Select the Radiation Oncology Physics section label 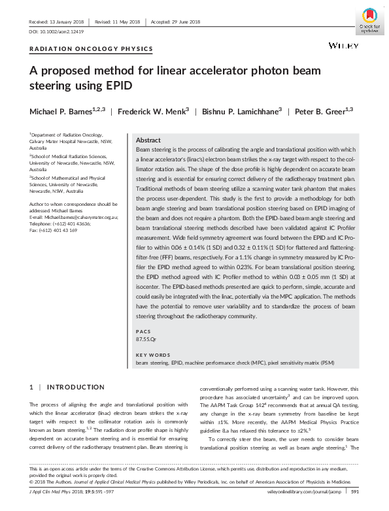pos(92,49)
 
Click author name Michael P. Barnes pos(67,110)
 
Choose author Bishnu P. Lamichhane pos(242,110)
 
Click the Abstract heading pos(148,140)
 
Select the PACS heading pos(142,331)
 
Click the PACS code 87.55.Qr pos(146,339)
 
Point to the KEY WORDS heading pos(152,355)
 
